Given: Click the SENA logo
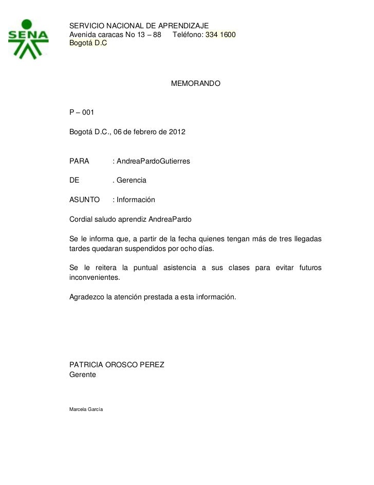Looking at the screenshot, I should point(29,39).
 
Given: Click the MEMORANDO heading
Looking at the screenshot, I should point(195,83).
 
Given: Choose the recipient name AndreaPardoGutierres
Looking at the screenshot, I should point(153,161).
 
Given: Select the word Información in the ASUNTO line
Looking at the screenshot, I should point(136,200).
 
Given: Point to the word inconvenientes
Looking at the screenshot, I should point(93,277).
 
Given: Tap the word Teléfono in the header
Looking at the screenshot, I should point(188,35).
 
